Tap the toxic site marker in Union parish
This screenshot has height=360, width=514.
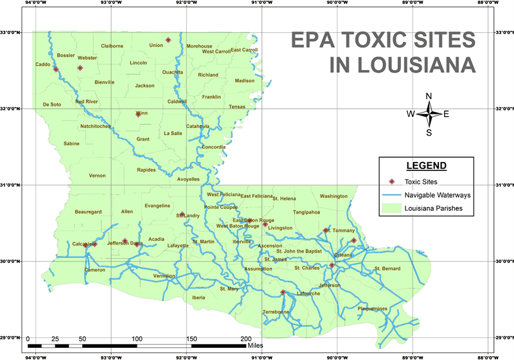[x=168, y=40]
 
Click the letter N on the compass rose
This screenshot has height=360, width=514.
[x=429, y=96]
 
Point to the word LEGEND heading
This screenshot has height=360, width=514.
[x=427, y=166]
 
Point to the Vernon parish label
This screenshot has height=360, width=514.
[x=97, y=175]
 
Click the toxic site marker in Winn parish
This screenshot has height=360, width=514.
[x=138, y=114]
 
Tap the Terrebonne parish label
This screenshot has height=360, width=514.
[x=276, y=312]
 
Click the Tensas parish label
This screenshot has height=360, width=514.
[x=237, y=107]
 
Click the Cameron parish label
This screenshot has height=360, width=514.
[x=94, y=270]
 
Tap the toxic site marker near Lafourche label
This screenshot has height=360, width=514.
[x=283, y=292]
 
